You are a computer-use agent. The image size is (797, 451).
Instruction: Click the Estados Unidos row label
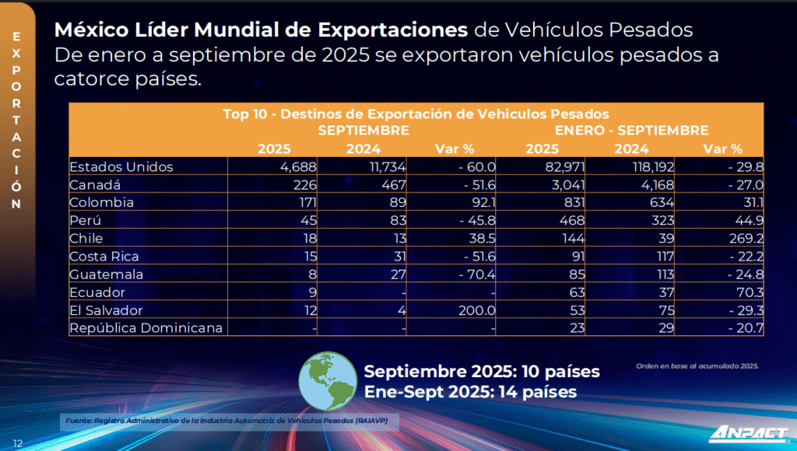point(121,166)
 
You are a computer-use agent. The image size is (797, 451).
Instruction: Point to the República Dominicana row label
point(146,327)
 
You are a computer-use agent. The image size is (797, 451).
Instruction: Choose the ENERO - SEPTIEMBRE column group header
point(631,131)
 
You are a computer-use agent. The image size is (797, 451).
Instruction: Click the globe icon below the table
point(327,380)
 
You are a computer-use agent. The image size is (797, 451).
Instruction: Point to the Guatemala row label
point(106,274)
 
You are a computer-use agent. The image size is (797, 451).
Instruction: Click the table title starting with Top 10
point(416,114)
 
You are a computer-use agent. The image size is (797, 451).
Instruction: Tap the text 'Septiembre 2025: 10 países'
point(482,371)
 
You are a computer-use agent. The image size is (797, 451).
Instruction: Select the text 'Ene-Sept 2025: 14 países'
point(470,392)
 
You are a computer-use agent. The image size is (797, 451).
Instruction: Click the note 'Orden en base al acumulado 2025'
point(697,365)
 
